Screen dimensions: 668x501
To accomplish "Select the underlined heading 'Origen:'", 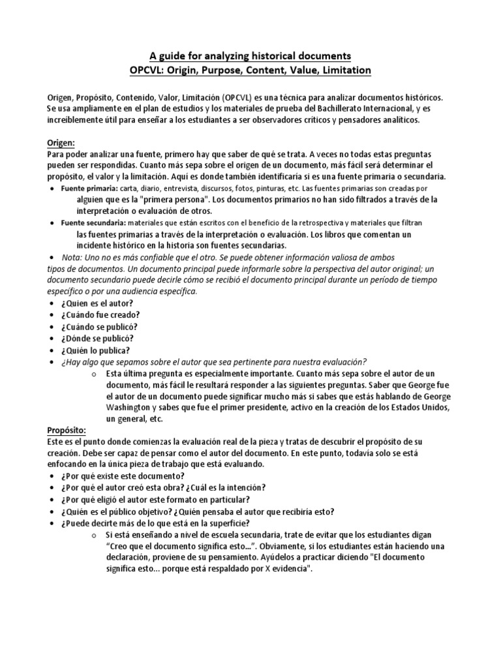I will click(x=62, y=142).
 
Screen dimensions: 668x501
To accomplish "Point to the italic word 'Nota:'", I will click(x=72, y=257).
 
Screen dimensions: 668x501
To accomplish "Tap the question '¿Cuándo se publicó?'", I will click(x=103, y=326).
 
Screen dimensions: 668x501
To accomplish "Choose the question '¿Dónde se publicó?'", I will click(x=102, y=338).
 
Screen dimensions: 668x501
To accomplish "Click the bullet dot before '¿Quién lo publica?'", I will click(x=52, y=350).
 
